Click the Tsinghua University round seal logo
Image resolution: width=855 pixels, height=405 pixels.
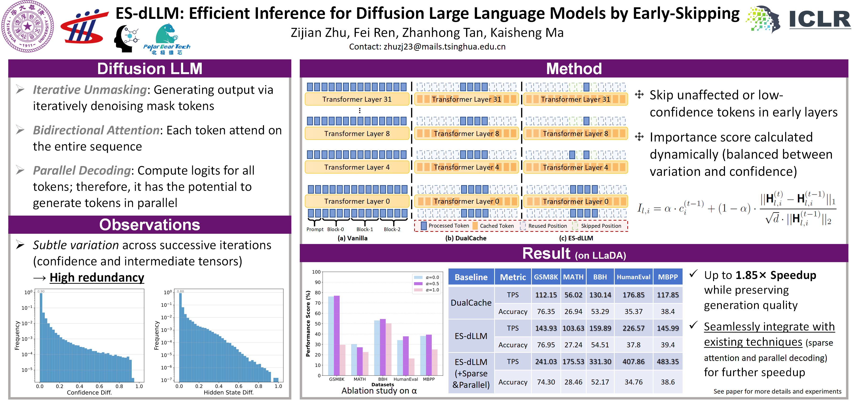tap(28, 26)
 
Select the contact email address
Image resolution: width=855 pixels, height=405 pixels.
tap(444, 47)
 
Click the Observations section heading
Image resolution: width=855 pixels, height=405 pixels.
tap(150, 225)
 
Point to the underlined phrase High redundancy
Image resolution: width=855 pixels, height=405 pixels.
tap(97, 277)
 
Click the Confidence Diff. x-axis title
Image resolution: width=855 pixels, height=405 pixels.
tap(89, 392)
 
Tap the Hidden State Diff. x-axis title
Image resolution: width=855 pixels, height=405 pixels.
tap(228, 392)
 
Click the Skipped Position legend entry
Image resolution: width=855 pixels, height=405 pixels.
tap(601, 226)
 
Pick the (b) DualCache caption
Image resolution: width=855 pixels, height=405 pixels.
tap(466, 238)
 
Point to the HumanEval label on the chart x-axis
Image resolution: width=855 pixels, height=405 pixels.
tap(406, 379)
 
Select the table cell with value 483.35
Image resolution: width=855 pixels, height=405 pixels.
tap(668, 361)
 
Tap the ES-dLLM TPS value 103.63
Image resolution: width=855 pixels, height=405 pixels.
tap(573, 328)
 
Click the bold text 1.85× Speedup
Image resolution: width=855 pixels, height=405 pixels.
tap(776, 275)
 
